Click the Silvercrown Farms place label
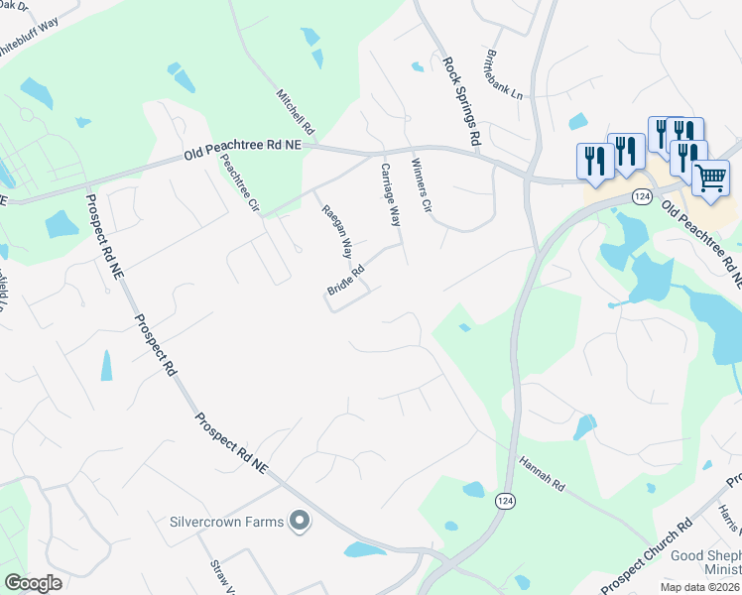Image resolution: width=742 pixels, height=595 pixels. (226, 521)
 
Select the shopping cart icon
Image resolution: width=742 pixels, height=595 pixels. (710, 178)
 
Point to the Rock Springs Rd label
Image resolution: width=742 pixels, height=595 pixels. (461, 102)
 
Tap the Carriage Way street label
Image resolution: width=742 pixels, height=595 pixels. (390, 194)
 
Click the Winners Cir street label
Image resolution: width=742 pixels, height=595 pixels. (421, 186)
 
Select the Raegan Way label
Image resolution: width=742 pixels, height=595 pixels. (335, 227)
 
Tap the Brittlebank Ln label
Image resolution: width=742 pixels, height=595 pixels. (504, 75)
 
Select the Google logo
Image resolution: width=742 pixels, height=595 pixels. (33, 583)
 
